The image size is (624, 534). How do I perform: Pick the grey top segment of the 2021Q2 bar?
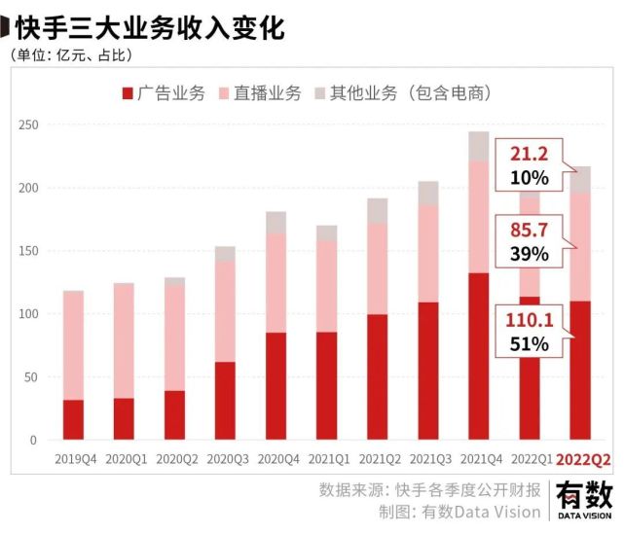pos(377,210)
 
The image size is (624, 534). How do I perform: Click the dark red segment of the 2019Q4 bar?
pos(73,419)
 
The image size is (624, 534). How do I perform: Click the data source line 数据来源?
pos(428,489)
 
